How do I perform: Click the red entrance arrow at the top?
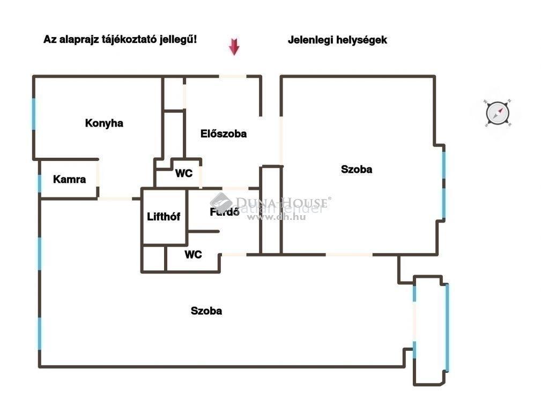pyautogui.click(x=234, y=47)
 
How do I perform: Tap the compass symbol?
pyautogui.click(x=497, y=113)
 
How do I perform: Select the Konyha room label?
pyautogui.click(x=104, y=123)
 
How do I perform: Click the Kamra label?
pyautogui.click(x=69, y=179)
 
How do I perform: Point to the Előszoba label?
pyautogui.click(x=224, y=134)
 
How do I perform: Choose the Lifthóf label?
pyautogui.click(x=164, y=217)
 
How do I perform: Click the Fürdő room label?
pyautogui.click(x=224, y=212)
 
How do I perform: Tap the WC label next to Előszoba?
pyautogui.click(x=184, y=173)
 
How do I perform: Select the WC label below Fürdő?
pyautogui.click(x=193, y=254)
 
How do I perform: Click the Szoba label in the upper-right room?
pyautogui.click(x=357, y=170)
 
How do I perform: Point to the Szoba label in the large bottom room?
pyautogui.click(x=206, y=311)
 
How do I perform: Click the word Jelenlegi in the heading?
pyautogui.click(x=311, y=40)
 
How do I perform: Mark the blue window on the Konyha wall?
pyautogui.click(x=34, y=113)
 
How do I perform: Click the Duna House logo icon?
pyautogui.click(x=221, y=202)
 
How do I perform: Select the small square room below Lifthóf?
pyautogui.click(x=154, y=259)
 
